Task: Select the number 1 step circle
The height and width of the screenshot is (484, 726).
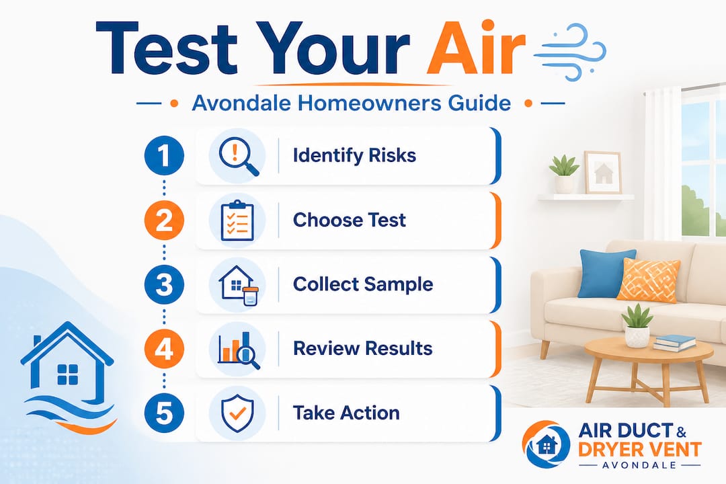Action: click(164, 155)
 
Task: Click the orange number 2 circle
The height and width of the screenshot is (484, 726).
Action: click(164, 220)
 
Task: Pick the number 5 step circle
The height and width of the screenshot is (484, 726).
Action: click(164, 413)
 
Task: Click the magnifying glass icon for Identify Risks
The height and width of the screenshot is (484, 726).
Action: click(238, 156)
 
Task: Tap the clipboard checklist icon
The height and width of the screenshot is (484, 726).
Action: click(237, 220)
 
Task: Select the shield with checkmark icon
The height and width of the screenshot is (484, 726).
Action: click(237, 413)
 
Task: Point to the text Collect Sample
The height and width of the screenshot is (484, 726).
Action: click(363, 284)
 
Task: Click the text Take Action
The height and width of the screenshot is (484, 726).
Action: click(346, 413)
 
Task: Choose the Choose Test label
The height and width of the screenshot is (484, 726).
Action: click(350, 220)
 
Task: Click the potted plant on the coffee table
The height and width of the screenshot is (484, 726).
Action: click(637, 325)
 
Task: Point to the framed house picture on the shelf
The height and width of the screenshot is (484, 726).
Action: click(602, 172)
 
